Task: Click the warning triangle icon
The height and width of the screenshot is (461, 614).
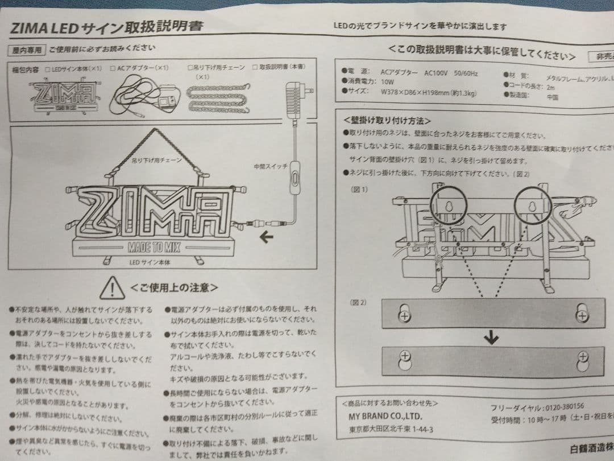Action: pyautogui.click(x=113, y=287)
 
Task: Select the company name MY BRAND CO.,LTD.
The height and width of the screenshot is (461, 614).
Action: pyautogui.click(x=385, y=416)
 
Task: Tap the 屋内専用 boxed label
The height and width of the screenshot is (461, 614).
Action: pyautogui.click(x=27, y=50)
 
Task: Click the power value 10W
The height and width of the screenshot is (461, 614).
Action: pyautogui.click(x=388, y=82)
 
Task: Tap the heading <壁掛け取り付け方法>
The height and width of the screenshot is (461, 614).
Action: pyautogui.click(x=387, y=121)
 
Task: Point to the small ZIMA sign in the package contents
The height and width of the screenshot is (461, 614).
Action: pyautogui.click(x=63, y=93)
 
